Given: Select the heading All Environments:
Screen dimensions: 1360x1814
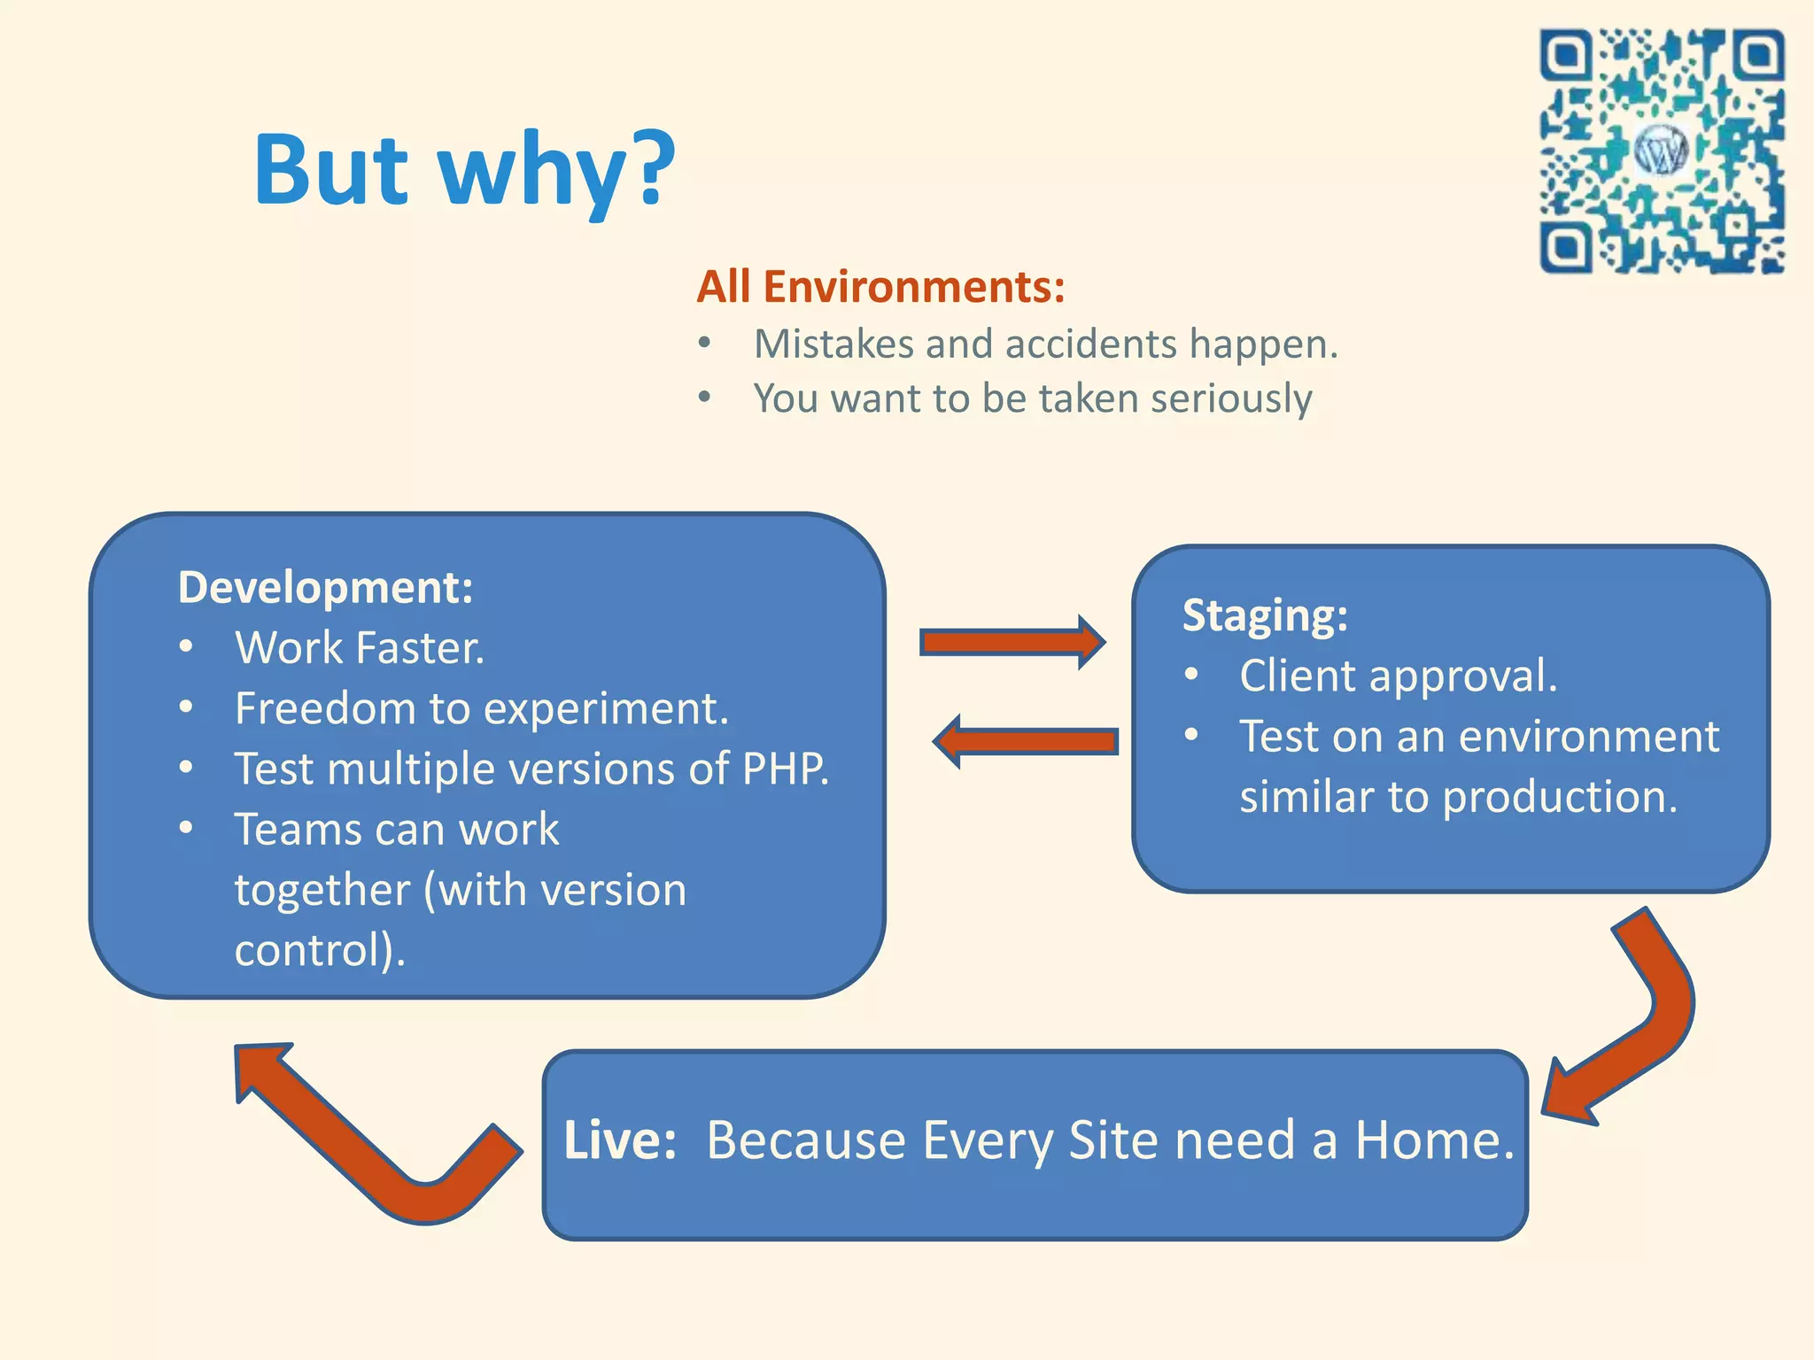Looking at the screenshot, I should [880, 287].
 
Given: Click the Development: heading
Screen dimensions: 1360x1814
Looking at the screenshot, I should [326, 588].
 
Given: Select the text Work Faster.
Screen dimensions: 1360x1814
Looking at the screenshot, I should [360, 648].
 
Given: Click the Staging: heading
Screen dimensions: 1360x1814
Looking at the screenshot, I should [1265, 615].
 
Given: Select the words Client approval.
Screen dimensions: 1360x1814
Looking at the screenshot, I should [1398, 676].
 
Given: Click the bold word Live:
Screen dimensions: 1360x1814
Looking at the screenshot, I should [620, 1140].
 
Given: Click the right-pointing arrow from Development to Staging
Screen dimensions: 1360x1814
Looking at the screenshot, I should [1010, 642].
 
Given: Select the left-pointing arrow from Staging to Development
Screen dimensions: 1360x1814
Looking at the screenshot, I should [1027, 741].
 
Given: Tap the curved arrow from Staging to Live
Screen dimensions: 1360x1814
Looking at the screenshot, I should [1639, 1018].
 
